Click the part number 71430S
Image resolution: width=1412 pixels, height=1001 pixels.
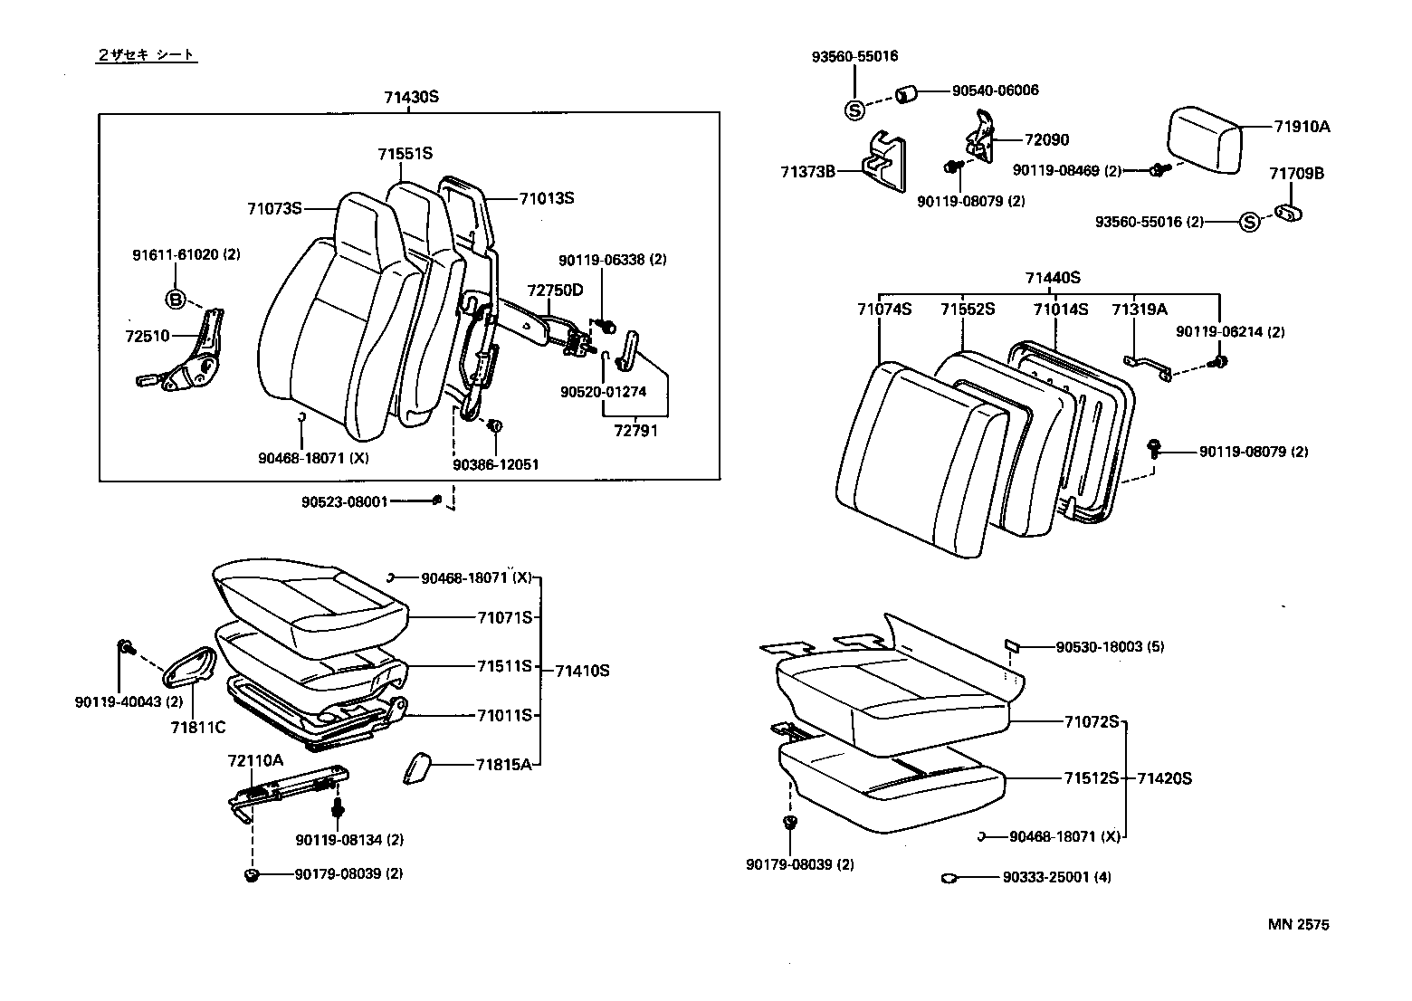[x=409, y=96]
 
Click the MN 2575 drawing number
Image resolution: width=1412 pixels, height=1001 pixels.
[x=1298, y=924]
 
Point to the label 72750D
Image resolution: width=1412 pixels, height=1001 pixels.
[x=555, y=291]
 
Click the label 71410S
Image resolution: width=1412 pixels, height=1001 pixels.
[x=582, y=671]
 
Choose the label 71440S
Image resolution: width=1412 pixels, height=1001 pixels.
[x=1052, y=278]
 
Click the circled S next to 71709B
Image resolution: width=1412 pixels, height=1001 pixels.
[x=1249, y=222]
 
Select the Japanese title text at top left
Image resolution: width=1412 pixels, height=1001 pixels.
[x=146, y=55]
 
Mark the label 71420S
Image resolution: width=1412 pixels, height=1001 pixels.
[x=1164, y=778]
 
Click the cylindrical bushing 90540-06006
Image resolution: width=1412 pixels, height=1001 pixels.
[x=907, y=93]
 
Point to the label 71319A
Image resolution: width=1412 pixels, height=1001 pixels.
[x=1139, y=309]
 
